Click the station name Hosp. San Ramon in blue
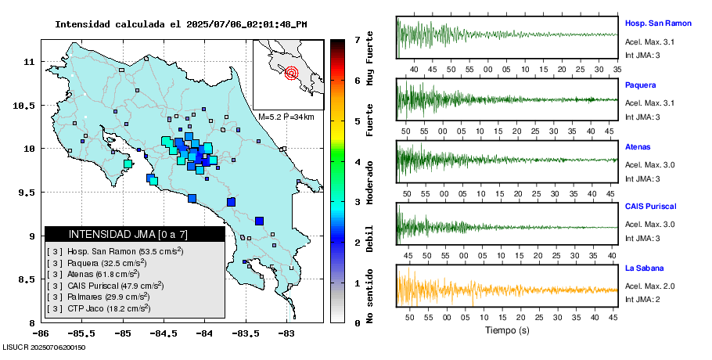658,23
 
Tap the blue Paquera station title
641,85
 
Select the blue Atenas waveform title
638,146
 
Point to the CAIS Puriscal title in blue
650,207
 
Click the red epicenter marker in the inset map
292,74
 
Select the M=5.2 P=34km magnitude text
286,117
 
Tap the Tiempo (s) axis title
507,330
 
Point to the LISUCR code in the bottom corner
44,347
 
